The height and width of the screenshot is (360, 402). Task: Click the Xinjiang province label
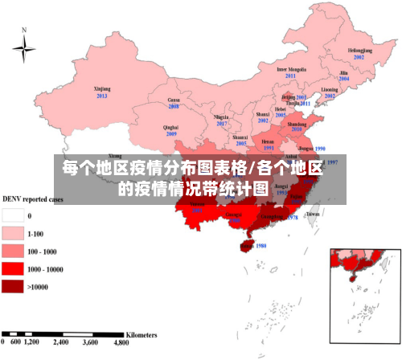[102, 88]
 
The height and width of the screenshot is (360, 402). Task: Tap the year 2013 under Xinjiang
[102, 96]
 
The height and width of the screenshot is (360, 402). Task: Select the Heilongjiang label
[359, 50]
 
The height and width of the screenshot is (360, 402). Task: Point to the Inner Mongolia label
[291, 69]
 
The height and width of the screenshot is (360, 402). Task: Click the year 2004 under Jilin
[344, 80]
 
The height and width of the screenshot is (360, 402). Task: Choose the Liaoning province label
[330, 89]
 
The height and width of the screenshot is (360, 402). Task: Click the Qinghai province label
[170, 127]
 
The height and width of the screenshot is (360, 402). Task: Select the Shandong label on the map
[297, 125]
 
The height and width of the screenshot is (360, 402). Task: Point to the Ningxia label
[222, 117]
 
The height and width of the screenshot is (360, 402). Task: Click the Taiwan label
[314, 215]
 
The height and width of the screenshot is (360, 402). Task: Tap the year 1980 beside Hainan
[260, 246]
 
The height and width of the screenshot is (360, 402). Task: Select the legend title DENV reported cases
[33, 198]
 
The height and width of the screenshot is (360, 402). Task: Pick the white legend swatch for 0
[13, 215]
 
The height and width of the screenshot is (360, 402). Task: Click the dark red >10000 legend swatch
[13, 285]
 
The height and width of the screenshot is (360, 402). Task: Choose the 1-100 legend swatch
[13, 233]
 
